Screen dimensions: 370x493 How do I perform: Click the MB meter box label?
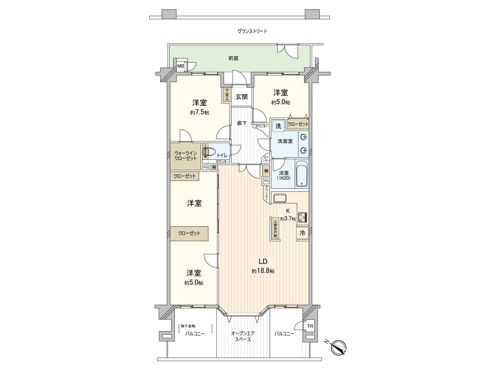pos(180,66)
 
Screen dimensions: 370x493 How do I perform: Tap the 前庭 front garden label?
pos(234,58)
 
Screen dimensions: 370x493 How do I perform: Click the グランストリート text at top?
pos(252,31)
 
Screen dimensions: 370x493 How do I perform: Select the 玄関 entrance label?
pos(242,97)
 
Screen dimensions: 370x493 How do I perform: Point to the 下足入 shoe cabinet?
pos(227,95)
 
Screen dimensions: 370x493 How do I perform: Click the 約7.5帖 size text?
pos(200,113)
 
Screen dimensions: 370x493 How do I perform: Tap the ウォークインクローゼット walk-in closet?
pos(185,156)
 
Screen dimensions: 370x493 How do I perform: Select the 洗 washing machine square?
pos(278,126)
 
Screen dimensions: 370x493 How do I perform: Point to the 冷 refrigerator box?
pos(302,233)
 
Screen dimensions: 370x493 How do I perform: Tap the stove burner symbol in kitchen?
pos(303,217)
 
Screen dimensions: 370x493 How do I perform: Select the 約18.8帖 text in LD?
pos(263,271)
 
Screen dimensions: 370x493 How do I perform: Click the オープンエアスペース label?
pos(243,336)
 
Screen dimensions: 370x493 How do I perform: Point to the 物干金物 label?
pos(188,326)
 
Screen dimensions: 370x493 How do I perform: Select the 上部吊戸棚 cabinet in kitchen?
pos(275,228)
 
